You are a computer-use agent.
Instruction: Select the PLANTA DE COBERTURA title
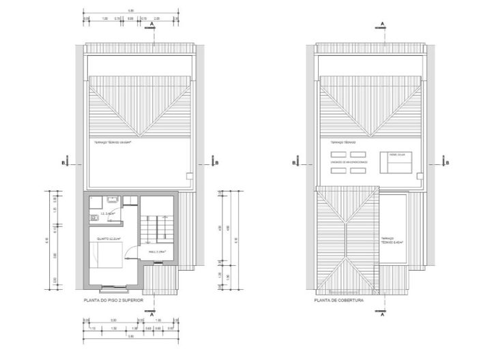point(339,300)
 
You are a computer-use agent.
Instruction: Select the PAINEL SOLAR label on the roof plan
point(397,155)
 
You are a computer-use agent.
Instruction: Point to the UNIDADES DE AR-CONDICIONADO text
point(349,162)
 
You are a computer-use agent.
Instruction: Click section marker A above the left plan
point(151,25)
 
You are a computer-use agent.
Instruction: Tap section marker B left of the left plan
point(63,162)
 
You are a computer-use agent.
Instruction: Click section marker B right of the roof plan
point(448,162)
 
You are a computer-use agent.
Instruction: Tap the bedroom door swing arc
point(131,252)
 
